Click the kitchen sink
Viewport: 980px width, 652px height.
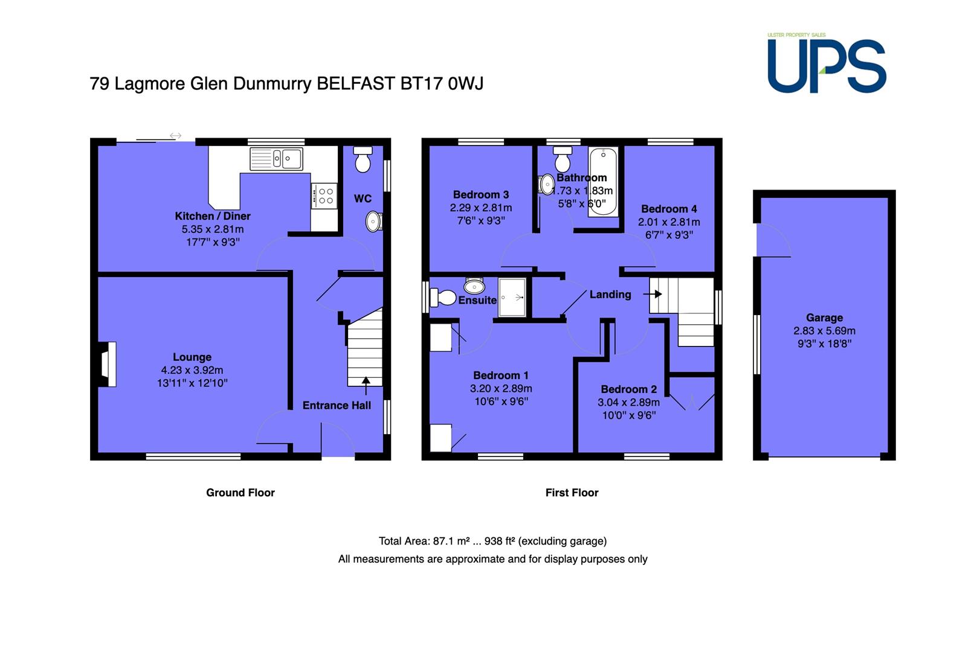tap(276, 159)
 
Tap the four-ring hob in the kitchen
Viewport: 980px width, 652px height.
tap(324, 196)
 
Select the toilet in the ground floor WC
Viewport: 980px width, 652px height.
tap(363, 159)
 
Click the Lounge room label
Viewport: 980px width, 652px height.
tap(192, 357)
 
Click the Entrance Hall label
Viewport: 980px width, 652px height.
tap(337, 405)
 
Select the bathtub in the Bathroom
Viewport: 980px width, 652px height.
tap(603, 182)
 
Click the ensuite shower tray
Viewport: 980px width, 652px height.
tap(512, 298)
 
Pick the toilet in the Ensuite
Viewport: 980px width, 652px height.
tap(443, 298)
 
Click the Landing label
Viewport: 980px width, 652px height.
tap(610, 295)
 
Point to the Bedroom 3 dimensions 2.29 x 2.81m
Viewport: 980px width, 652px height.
tap(481, 208)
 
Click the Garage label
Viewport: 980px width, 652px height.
tap(824, 318)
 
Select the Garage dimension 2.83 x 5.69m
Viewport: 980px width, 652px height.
tap(824, 331)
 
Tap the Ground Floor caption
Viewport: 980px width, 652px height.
tap(240, 493)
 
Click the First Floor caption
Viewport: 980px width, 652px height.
tap(572, 493)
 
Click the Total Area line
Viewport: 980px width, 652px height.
tap(492, 542)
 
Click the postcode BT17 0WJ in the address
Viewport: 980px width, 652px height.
tap(442, 83)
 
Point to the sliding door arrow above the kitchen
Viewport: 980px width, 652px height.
tap(175, 136)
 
